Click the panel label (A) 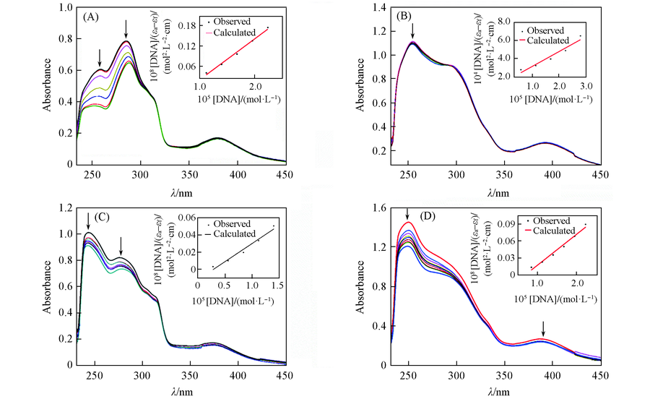(x=92, y=16)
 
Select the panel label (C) (x=92, y=217)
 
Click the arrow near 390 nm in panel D (x=544, y=330)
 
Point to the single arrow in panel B (x=412, y=31)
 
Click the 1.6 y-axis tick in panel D (x=376, y=210)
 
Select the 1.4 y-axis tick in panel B (x=376, y=8)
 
